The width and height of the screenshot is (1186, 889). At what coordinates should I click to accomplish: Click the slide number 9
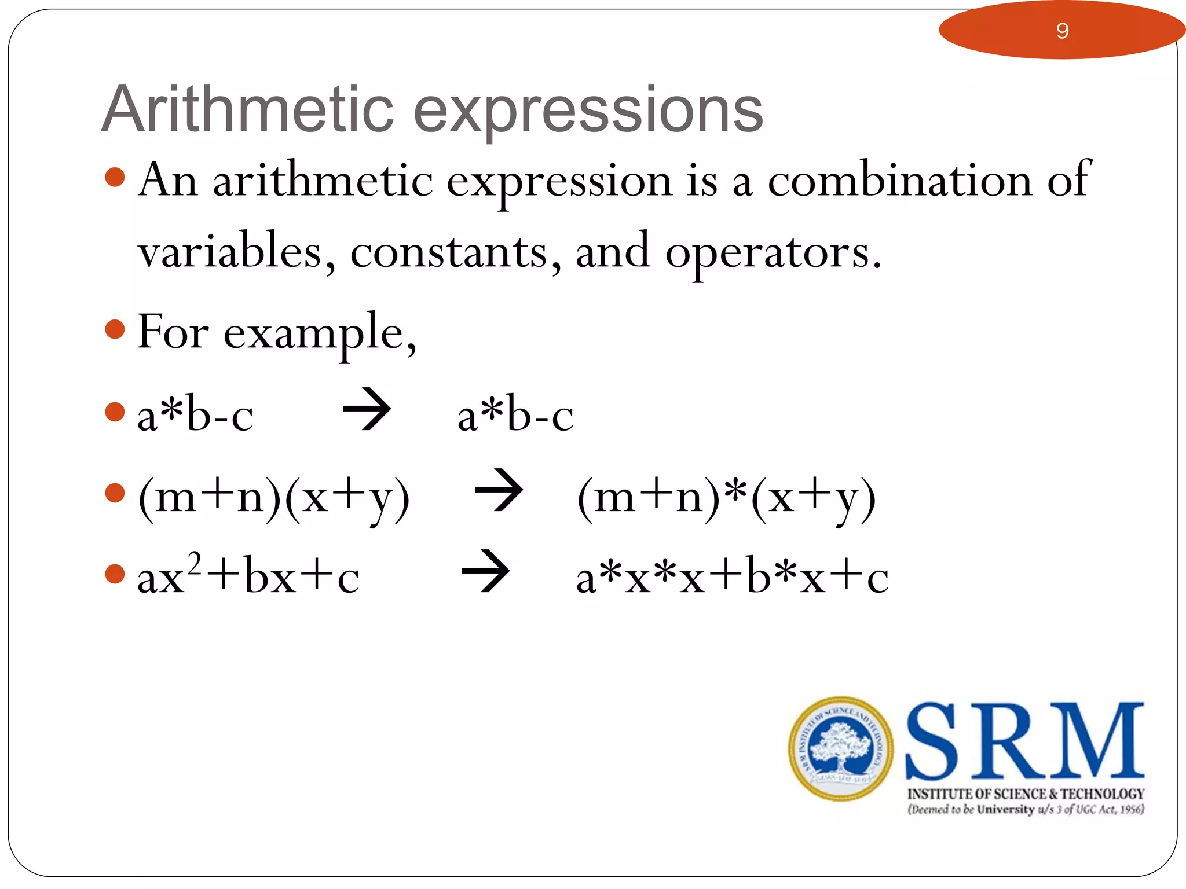pos(1061,31)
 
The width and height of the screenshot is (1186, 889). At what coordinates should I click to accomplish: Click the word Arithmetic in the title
pos(247,110)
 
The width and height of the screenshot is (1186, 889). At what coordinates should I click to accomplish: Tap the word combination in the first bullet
pos(900,181)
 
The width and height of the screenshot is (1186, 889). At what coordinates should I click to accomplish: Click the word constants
pos(449,252)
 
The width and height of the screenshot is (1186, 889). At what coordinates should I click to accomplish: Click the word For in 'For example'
pos(173,332)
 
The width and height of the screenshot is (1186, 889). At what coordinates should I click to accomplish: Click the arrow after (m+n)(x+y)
pos(499,490)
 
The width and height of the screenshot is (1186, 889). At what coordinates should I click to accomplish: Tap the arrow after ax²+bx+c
pos(485,571)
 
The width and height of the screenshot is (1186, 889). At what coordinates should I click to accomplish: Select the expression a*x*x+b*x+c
pos(732,577)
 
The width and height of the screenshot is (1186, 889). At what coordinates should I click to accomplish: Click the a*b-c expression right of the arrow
pos(515,415)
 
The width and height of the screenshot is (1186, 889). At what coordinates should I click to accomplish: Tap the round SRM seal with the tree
pos(840,749)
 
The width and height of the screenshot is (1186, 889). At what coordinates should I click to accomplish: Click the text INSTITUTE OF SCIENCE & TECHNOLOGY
pos(1026,794)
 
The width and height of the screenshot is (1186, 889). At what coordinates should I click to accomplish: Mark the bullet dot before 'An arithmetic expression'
pos(115,178)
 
